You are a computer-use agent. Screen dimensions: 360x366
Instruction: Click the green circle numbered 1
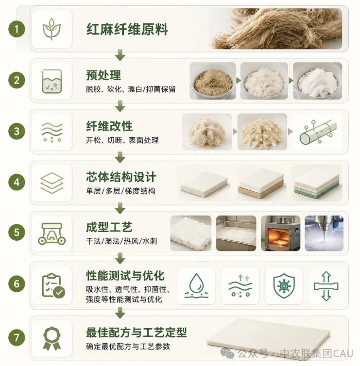(x=17, y=29)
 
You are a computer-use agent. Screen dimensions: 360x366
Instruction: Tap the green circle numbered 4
(x=17, y=183)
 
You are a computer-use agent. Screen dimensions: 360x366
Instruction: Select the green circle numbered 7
(x=17, y=337)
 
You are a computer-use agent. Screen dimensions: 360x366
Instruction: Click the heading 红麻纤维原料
(x=127, y=30)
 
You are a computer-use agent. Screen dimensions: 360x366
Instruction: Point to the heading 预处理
(x=103, y=75)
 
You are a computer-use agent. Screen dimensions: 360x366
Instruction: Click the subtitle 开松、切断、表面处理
(x=122, y=140)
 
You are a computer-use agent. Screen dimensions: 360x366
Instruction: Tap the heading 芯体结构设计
(x=121, y=177)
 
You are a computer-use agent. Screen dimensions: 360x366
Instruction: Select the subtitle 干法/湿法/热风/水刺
(x=121, y=241)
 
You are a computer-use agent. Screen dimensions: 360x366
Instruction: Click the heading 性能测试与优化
(x=125, y=276)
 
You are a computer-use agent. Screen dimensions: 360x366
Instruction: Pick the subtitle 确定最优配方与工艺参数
(x=128, y=347)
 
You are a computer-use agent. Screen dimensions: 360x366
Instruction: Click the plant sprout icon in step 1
(x=51, y=29)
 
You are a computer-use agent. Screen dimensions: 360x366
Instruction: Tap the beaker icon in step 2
(x=51, y=81)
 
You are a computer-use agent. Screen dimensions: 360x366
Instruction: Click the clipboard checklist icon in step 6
(x=53, y=286)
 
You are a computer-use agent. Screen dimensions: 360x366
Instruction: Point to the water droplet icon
(x=196, y=286)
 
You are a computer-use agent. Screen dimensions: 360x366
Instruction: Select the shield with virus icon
(x=284, y=285)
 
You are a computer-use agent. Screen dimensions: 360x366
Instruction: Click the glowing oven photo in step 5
(x=281, y=233)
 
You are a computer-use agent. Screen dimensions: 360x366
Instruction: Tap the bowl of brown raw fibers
(x=213, y=81)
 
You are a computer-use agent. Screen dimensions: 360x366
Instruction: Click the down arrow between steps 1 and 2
(x=120, y=55)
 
